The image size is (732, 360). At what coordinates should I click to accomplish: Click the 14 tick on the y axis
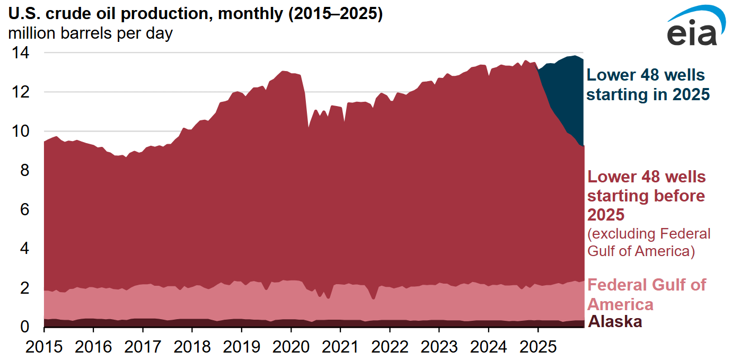(x=22, y=53)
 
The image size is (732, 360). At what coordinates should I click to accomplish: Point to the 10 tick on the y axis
(x=22, y=131)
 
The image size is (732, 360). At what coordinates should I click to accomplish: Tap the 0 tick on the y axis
(x=25, y=327)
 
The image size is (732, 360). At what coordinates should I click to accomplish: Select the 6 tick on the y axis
(x=25, y=209)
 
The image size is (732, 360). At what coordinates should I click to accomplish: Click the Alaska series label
(x=615, y=321)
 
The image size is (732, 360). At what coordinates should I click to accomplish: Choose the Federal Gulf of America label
(x=647, y=294)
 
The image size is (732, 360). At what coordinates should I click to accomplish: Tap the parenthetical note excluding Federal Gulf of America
(x=649, y=242)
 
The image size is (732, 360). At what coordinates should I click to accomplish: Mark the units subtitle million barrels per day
(x=90, y=34)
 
